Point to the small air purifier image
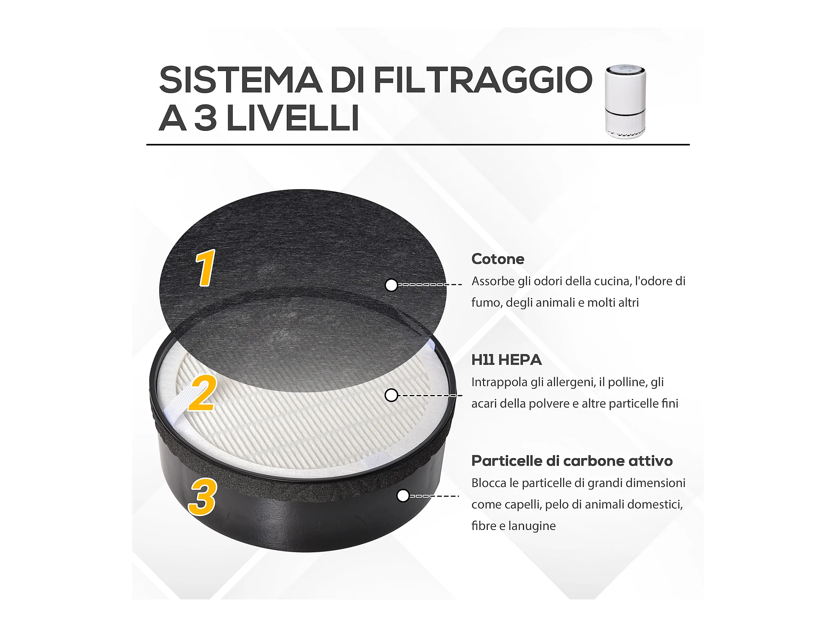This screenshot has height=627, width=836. pyautogui.click(x=626, y=101)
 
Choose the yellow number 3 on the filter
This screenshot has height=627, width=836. pyautogui.click(x=202, y=497)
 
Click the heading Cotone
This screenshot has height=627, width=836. pyautogui.click(x=498, y=259)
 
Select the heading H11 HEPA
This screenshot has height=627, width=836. pyautogui.click(x=507, y=360)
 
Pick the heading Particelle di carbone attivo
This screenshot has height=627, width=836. pyautogui.click(x=572, y=461)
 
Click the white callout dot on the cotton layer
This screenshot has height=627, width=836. pyautogui.click(x=391, y=285)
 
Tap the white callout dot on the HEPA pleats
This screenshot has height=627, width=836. pyautogui.click(x=391, y=395)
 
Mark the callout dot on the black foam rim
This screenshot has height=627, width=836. pyautogui.click(x=403, y=496)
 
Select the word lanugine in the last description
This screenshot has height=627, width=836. pyautogui.click(x=532, y=526)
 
